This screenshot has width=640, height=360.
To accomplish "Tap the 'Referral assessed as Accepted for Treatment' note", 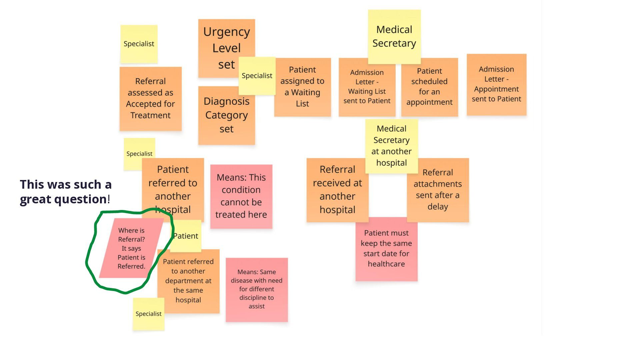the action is pos(151,99).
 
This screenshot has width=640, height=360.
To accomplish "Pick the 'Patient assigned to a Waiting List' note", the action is pos(303,87).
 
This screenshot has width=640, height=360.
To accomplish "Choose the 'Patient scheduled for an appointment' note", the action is pos(430,87).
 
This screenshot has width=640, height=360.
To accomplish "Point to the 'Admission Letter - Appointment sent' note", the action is pos(497,85).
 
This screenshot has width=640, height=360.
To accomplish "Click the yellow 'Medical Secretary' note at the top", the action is pos(394,37).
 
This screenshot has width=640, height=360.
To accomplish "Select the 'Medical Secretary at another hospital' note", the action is pos(392,146).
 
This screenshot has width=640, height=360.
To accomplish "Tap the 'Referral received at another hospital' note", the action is pos(338,190).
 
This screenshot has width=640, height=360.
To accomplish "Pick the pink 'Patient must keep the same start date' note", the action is pos(387,249).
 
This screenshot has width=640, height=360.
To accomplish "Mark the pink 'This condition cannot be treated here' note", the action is pos(241,196).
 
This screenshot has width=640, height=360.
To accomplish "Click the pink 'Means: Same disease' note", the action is pos(257,290).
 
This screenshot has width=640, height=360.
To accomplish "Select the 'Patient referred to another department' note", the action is pos(189,281).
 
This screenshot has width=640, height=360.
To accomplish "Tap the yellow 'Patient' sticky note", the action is pos(186,236).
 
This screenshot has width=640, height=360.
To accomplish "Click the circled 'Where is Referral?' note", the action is pos(131,248).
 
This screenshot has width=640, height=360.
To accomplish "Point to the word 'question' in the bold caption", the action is pos(80,199).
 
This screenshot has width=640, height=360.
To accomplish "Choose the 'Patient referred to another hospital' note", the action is pos(173,189).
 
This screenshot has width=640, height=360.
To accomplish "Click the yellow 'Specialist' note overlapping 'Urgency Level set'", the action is pos(257,76).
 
